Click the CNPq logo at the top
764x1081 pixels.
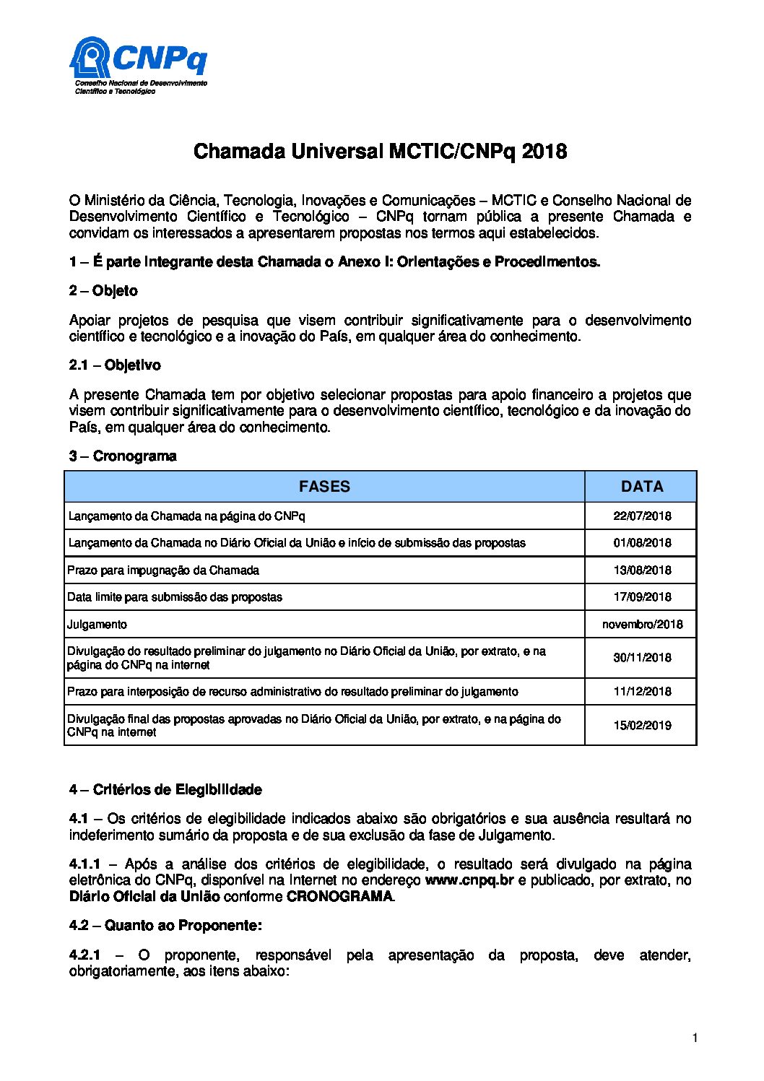coord(138,66)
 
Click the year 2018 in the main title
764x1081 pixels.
coord(544,152)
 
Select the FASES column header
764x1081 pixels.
coord(324,487)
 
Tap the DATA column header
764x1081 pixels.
coord(641,487)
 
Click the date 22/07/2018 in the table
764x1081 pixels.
coord(641,516)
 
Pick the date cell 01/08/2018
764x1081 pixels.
coord(641,543)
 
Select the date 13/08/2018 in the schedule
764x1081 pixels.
coord(641,570)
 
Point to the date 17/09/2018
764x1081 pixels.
coord(641,597)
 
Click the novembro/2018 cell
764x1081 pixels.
coord(641,625)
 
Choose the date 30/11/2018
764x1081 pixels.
coord(641,658)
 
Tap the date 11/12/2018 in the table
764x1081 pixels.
coord(641,692)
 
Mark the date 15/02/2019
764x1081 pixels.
coord(641,726)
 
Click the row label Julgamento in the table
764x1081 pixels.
coord(97,625)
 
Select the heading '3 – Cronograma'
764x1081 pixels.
coord(123,456)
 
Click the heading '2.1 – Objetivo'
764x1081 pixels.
coord(115,365)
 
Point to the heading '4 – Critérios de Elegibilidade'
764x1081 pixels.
coord(165,790)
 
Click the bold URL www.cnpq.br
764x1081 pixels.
coord(469,881)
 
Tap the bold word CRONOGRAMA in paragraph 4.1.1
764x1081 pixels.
coord(340,897)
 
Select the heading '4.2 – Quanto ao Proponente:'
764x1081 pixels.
coord(165,926)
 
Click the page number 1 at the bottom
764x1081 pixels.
coord(694,1038)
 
